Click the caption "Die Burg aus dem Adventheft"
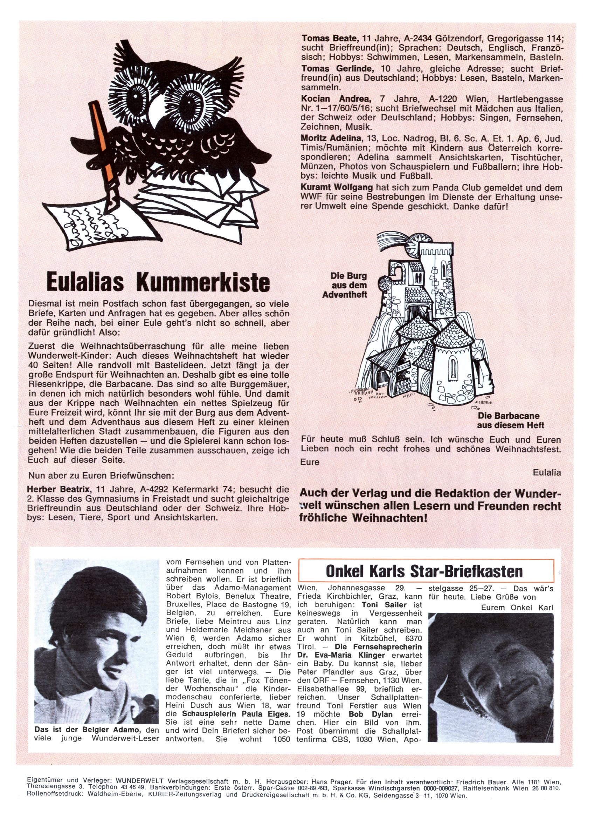click(x=344, y=285)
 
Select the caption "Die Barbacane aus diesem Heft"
click(x=511, y=421)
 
